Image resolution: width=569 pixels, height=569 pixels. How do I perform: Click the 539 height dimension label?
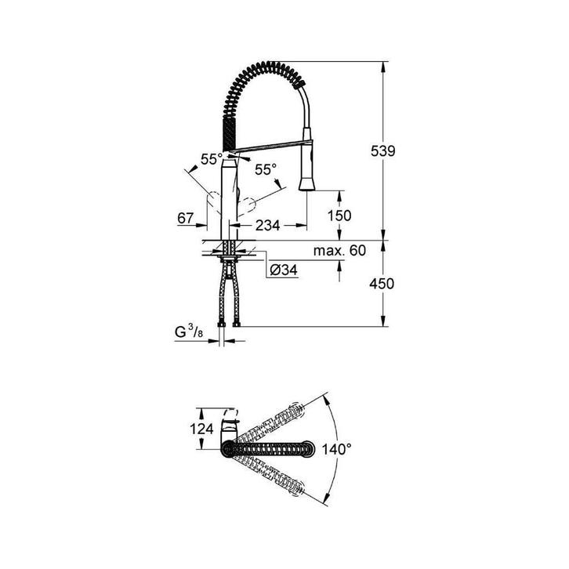pos(382,151)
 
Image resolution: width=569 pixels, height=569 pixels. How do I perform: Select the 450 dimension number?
pos(382,284)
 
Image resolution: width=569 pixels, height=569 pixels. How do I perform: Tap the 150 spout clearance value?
pos(339,216)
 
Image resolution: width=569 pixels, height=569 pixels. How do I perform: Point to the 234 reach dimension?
pos(267,226)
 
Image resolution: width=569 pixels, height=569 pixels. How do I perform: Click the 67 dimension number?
pos(186,218)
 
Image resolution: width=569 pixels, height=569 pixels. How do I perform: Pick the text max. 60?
pos(339,250)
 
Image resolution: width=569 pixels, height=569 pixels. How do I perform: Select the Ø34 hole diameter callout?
pos(284,270)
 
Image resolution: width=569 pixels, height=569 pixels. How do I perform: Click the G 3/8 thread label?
pos(189,332)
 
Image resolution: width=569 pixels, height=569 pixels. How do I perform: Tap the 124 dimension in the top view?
pos(201,429)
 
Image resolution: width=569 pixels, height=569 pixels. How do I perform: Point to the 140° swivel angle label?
pos(337,450)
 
